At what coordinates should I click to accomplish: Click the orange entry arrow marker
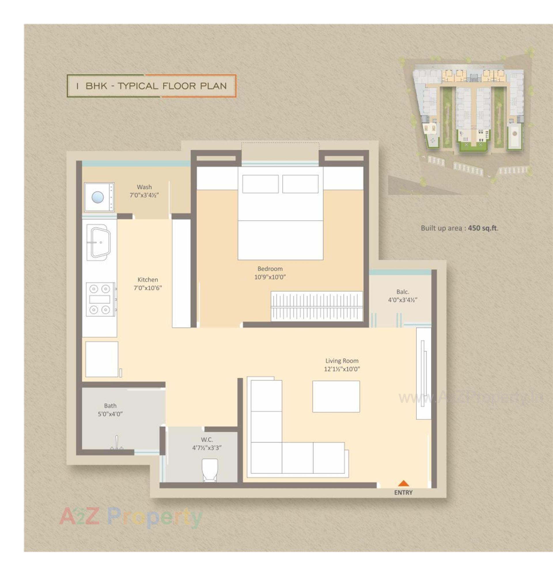[x=404, y=483]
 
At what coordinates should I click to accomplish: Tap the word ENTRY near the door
[x=403, y=493]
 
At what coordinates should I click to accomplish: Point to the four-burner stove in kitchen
[x=100, y=299]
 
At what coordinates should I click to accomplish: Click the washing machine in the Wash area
[x=99, y=197]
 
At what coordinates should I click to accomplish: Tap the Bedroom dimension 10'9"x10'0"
[x=270, y=277]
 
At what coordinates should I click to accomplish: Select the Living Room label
[x=342, y=361]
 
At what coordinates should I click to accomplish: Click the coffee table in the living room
[x=336, y=397]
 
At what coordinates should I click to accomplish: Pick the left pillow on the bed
[x=260, y=184]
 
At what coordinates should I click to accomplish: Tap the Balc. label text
[x=402, y=292]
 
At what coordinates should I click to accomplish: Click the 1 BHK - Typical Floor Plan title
[x=151, y=86]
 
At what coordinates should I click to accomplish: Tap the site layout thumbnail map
[x=468, y=120]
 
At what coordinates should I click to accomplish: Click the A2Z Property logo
[x=131, y=517]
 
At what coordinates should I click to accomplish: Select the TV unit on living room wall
[x=423, y=373]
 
